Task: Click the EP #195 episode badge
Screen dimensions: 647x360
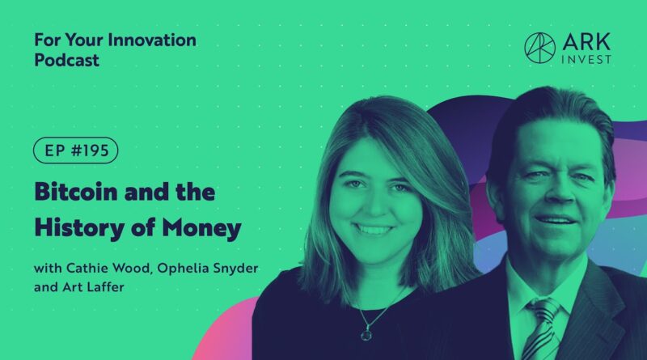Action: pos(75,150)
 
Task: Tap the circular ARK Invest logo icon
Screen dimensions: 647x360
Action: pos(539,48)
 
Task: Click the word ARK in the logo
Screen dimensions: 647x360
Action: pos(586,42)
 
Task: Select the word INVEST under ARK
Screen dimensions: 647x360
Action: pos(586,59)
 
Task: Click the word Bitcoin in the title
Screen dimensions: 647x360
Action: pos(75,192)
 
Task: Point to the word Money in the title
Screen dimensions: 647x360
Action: pos(201,228)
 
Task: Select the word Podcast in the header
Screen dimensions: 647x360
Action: pos(66,61)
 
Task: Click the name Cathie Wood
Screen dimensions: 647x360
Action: pos(108,269)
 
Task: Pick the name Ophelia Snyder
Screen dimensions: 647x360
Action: pos(208,269)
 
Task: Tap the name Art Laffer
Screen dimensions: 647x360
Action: pos(93,287)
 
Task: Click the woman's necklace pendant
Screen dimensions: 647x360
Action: pos(366,333)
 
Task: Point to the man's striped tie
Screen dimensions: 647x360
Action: pos(543,329)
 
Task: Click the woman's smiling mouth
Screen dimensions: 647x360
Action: pos(374,228)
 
